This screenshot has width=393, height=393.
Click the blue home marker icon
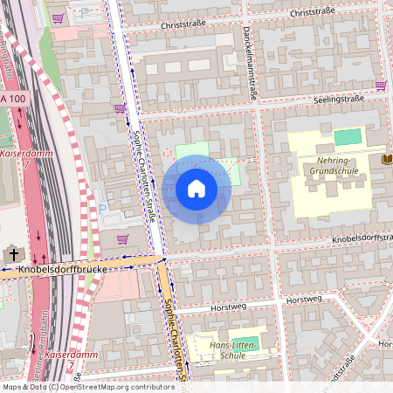pyautogui.click(x=196, y=189)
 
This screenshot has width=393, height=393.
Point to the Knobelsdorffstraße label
pyautogui.click(x=358, y=238)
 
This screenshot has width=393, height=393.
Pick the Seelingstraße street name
pyautogui.click(x=339, y=100)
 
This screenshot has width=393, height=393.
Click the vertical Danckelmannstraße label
pyautogui.click(x=251, y=64)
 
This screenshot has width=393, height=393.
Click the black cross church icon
pyautogui.click(x=13, y=254)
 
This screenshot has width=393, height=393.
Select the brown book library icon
pyautogui.click(x=387, y=159)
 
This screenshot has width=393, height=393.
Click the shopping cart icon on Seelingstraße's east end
pyautogui.click(x=381, y=86)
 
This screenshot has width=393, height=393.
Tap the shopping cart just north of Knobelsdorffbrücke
pyautogui.click(x=122, y=238)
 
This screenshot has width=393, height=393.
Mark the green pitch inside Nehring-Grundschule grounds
pyautogui.click(x=347, y=136)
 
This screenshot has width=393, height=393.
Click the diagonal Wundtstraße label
pyautogui.click(x=344, y=371)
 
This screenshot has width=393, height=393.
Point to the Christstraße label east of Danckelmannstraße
pyautogui.click(x=312, y=14)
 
